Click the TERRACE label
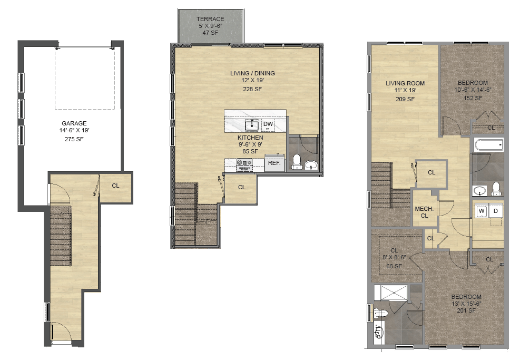210,19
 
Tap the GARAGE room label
74,123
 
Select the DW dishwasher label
268,124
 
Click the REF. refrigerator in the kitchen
274,163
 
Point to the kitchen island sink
252,125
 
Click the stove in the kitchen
245,165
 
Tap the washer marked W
482,211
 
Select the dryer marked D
495,211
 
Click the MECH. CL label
424,212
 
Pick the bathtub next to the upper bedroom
489,145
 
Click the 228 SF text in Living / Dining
252,89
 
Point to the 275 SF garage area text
74,139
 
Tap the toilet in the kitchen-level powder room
296,162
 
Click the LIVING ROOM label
405,83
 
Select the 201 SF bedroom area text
466,310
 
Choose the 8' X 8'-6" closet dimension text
394,257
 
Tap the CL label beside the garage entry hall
115,186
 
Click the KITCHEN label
250,138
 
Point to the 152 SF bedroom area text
473,98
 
